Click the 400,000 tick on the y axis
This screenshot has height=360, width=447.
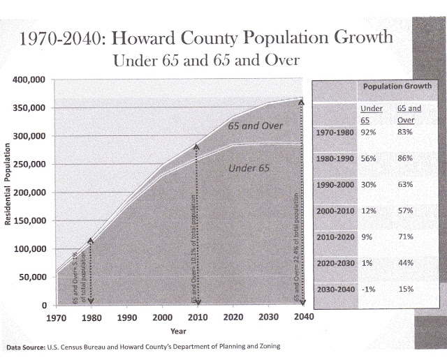[x=29, y=80]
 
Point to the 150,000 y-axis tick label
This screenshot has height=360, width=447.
[x=29, y=220]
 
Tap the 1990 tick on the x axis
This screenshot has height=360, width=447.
[x=126, y=317]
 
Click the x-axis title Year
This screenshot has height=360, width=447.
[x=180, y=331]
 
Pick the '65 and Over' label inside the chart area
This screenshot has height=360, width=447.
[x=251, y=126]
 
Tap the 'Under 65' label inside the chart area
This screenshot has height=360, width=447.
[x=249, y=168]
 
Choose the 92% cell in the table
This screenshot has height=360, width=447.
[x=367, y=132]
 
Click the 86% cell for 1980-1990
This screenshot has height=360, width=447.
[x=406, y=158]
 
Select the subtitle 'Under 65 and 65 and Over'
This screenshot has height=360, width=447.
[x=206, y=61]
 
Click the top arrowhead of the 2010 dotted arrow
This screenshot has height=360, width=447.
[x=198, y=147]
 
